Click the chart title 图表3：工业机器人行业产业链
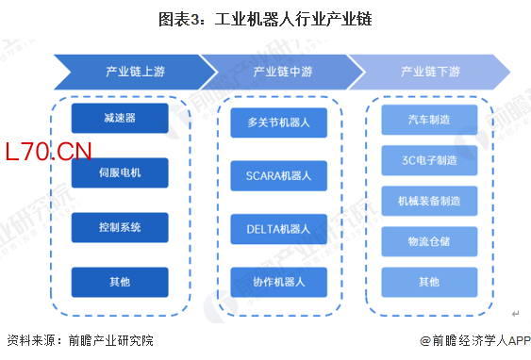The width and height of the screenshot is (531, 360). (x=266, y=19)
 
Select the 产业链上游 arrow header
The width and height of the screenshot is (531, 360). (x=136, y=72)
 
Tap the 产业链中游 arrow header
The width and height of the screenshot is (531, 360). (x=283, y=72)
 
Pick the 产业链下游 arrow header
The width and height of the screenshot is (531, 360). (x=430, y=72)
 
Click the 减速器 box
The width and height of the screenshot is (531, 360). (x=120, y=118)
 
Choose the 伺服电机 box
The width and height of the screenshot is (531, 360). (x=120, y=172)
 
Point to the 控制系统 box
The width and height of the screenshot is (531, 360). (x=120, y=227)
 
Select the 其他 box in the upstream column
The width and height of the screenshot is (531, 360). (x=120, y=282)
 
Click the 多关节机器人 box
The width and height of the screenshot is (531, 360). (x=279, y=123)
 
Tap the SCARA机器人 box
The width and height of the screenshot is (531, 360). (x=279, y=176)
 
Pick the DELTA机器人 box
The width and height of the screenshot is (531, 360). (x=279, y=229)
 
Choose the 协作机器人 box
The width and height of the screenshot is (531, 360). (x=279, y=282)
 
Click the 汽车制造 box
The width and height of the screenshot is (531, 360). (x=429, y=120)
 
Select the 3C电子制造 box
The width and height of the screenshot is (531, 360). (x=429, y=160)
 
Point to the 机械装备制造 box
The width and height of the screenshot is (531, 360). (x=429, y=201)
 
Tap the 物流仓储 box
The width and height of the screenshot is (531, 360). (x=429, y=241)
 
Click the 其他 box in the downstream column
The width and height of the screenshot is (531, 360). (x=429, y=282)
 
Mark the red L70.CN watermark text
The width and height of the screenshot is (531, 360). (x=48, y=152)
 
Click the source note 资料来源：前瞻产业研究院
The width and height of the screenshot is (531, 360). (x=80, y=341)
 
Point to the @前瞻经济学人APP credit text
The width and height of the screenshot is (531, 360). (x=475, y=341)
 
